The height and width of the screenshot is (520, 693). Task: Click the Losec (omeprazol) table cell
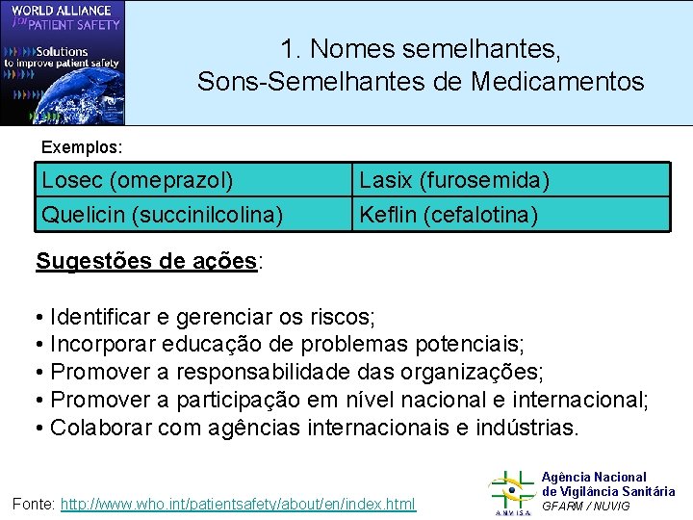(x=192, y=180)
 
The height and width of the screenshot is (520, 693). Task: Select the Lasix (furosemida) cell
(x=510, y=180)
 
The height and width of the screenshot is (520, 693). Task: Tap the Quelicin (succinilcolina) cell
(x=192, y=214)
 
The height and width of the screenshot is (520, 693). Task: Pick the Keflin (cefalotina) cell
(x=510, y=214)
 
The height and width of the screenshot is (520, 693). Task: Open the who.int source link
(x=238, y=504)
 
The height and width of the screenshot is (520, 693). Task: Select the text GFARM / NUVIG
(x=586, y=507)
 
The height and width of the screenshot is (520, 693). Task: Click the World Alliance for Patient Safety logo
(x=63, y=64)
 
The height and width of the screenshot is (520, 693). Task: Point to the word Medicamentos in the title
(x=557, y=82)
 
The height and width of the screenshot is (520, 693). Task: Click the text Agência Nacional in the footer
(x=594, y=477)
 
